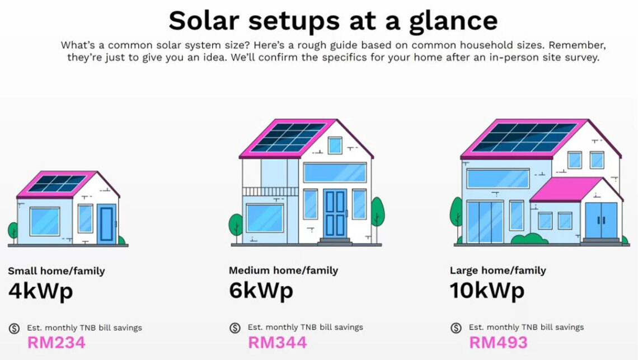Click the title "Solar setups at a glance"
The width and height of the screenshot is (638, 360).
(x=332, y=21)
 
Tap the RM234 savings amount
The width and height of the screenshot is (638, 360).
(x=56, y=342)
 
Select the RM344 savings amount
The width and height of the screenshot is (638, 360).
(x=277, y=342)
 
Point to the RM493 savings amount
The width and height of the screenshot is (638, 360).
(x=498, y=342)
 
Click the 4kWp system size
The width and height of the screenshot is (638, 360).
(x=40, y=291)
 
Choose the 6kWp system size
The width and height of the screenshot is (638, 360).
(x=261, y=291)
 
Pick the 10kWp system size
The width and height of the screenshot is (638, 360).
(x=487, y=291)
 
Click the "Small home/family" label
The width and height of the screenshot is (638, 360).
(x=56, y=271)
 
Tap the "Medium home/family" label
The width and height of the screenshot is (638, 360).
(x=283, y=270)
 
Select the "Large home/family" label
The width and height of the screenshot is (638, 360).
(x=498, y=270)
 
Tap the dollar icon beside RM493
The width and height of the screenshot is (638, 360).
(x=456, y=328)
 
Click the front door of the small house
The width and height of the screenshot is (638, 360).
(x=106, y=224)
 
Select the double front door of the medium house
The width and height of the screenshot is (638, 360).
(x=335, y=213)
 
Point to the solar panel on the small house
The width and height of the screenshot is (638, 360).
(x=57, y=184)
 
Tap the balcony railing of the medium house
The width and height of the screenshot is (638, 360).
(x=270, y=191)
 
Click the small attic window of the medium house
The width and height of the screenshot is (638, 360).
(x=335, y=146)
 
